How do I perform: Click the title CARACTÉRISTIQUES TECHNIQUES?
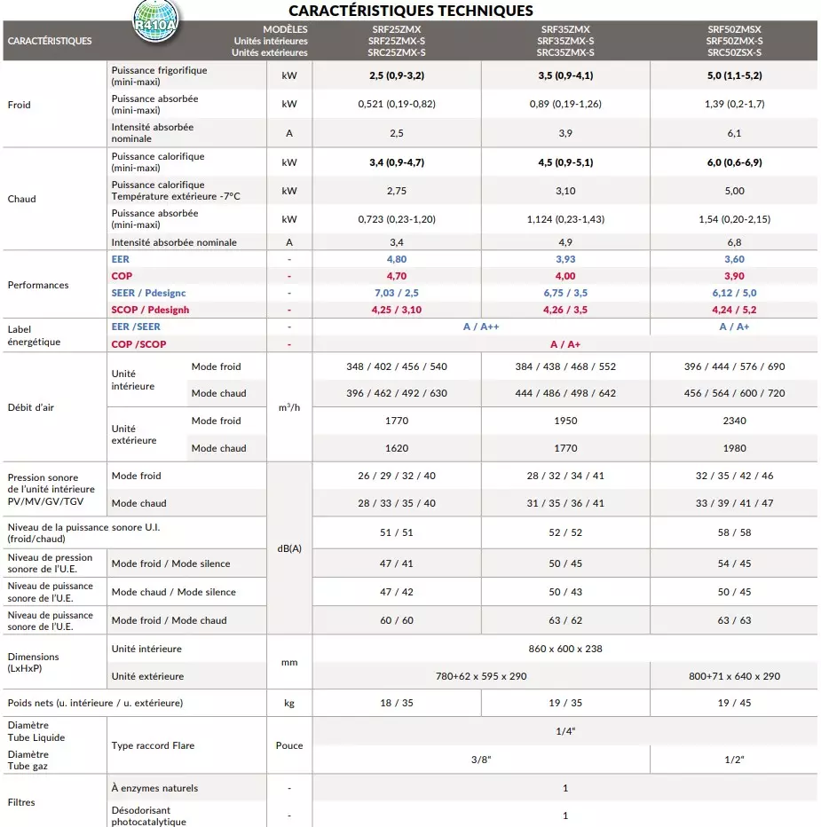pyautogui.click(x=411, y=11)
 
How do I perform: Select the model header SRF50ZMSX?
pyautogui.click(x=734, y=29)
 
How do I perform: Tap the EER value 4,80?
pyautogui.click(x=397, y=259)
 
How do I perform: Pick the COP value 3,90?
pyautogui.click(x=734, y=276)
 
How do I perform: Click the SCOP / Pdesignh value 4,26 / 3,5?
pyautogui.click(x=565, y=310)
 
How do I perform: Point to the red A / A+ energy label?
pyautogui.click(x=565, y=344)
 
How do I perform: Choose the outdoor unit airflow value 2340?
pyautogui.click(x=734, y=421)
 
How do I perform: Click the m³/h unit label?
pyautogui.click(x=289, y=407)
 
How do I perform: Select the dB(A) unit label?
pyautogui.click(x=289, y=548)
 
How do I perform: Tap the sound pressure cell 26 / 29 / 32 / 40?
pyautogui.click(x=397, y=476)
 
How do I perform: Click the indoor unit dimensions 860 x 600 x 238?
pyautogui.click(x=565, y=649)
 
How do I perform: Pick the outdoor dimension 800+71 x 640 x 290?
pyautogui.click(x=734, y=676)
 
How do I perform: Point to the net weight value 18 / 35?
pyautogui.click(x=397, y=703)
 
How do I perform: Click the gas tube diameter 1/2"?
pyautogui.click(x=734, y=760)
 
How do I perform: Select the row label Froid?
pyautogui.click(x=19, y=105)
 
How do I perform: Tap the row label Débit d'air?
pyautogui.click(x=32, y=407)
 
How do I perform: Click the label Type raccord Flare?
pyautogui.click(x=153, y=745)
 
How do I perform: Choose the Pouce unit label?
pyautogui.click(x=289, y=745)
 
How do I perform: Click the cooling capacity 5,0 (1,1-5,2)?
pyautogui.click(x=734, y=75)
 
